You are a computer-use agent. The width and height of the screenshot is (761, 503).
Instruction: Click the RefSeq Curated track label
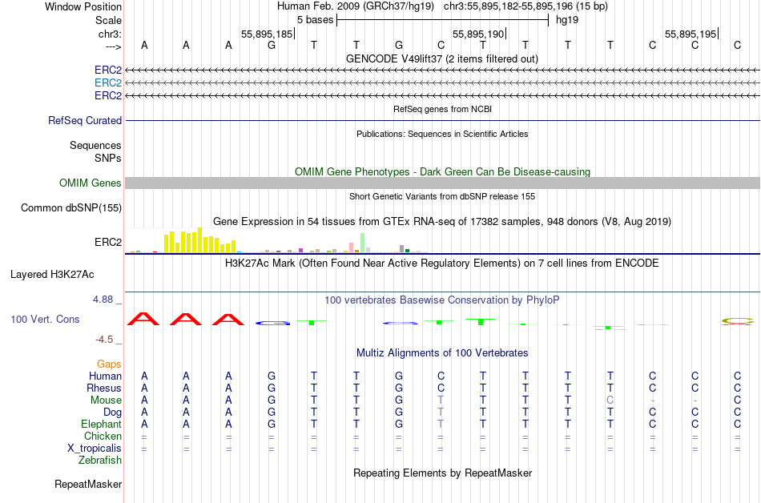85,120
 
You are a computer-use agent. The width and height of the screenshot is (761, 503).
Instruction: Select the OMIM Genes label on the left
91,183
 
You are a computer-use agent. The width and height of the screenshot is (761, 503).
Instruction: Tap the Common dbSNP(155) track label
71,208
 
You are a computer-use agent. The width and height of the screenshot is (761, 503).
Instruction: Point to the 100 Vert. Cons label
45,319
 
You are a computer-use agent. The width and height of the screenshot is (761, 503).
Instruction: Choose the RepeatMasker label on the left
88,484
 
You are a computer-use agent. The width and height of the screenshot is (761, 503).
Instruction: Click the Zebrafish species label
100,461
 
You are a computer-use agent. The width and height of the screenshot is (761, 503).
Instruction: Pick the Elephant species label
101,425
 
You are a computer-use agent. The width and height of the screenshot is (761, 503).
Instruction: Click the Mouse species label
106,400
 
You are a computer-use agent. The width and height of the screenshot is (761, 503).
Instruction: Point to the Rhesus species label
104,388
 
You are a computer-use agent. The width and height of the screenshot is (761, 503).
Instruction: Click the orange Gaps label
109,364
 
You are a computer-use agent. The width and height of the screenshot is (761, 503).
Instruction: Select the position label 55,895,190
478,34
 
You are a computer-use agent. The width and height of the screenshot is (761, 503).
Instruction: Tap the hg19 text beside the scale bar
567,20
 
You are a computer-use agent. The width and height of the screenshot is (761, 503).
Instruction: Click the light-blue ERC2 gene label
108,82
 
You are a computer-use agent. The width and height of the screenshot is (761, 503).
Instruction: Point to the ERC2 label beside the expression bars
108,242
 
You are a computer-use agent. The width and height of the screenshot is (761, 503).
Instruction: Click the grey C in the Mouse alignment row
610,400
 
